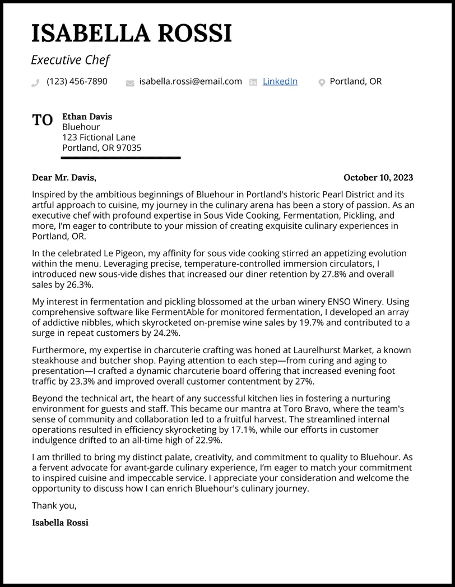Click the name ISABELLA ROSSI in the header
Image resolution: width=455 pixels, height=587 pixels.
132,34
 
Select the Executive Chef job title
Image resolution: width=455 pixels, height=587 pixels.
70,60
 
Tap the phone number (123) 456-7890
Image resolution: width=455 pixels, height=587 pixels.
77,81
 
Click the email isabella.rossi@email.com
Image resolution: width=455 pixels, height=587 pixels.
191,81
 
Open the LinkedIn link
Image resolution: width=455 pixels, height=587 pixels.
280,81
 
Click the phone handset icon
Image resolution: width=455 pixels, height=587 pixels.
35,82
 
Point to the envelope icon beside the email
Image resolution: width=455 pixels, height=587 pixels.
130,82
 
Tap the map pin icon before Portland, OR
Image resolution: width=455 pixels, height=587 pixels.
322,82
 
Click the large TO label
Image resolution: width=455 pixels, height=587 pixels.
43,120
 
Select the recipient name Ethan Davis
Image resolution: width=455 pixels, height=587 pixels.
87,117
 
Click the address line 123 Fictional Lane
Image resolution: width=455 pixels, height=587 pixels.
99,137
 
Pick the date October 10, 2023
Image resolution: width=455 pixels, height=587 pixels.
378,178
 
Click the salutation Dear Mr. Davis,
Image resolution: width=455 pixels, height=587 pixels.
64,178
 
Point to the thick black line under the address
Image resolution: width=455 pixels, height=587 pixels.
120,158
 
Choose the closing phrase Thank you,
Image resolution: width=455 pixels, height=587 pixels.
54,505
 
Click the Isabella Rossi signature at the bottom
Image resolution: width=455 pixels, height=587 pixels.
60,523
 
